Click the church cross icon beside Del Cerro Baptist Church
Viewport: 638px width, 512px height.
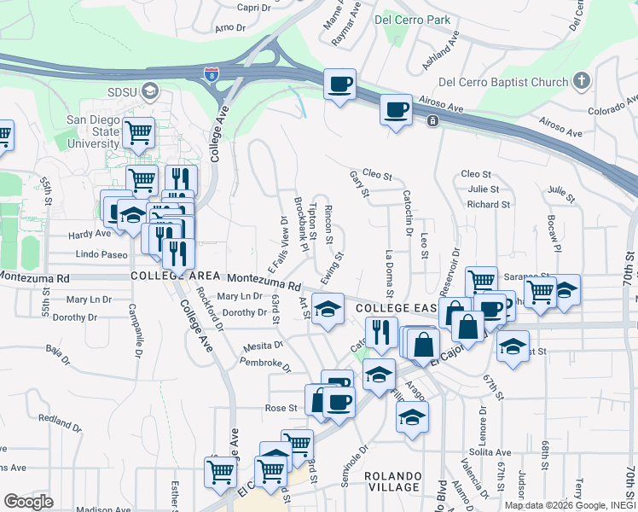point(581,82)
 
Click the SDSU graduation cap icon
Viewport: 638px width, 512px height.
point(150,90)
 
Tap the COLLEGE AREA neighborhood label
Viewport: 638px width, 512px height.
point(171,276)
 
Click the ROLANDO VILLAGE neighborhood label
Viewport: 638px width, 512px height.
point(393,481)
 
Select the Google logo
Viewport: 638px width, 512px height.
point(28,501)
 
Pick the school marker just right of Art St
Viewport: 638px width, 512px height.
point(327,310)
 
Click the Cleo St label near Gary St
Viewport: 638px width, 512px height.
point(376,176)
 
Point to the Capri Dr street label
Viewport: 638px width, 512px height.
point(253,8)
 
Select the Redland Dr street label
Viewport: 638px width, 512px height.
point(59,422)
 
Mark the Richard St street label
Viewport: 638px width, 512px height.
point(488,205)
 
